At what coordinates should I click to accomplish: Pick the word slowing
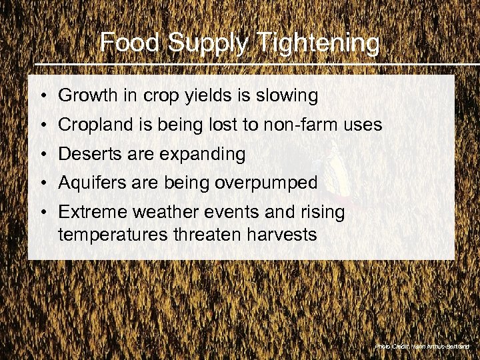point(291,96)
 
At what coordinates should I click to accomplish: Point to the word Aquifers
point(88,183)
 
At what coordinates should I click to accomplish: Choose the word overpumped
point(266,183)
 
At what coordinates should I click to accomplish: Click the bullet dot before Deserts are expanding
point(42,155)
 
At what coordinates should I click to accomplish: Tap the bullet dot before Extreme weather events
point(42,213)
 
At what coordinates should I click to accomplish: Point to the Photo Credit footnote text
point(422,347)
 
